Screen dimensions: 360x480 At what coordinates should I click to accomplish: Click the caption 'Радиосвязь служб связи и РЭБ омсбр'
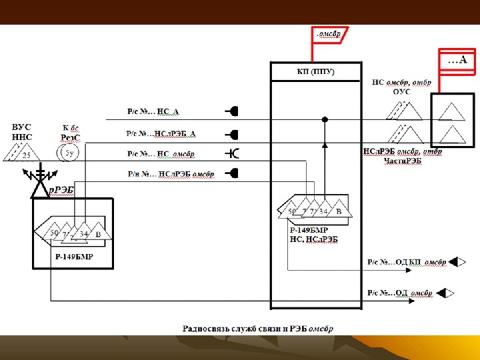click(x=259, y=329)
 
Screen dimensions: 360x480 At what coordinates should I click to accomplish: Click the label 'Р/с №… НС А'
click(x=153, y=111)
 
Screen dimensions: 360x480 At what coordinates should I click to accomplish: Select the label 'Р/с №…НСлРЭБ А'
click(x=161, y=133)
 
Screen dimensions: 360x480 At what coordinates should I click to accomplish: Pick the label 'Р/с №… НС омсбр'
click(x=161, y=154)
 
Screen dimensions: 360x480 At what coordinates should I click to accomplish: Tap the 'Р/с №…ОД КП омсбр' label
click(x=406, y=262)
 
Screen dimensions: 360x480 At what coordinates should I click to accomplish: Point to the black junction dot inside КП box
click(x=325, y=120)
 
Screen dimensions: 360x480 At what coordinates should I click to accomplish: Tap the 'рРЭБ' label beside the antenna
click(x=61, y=189)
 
